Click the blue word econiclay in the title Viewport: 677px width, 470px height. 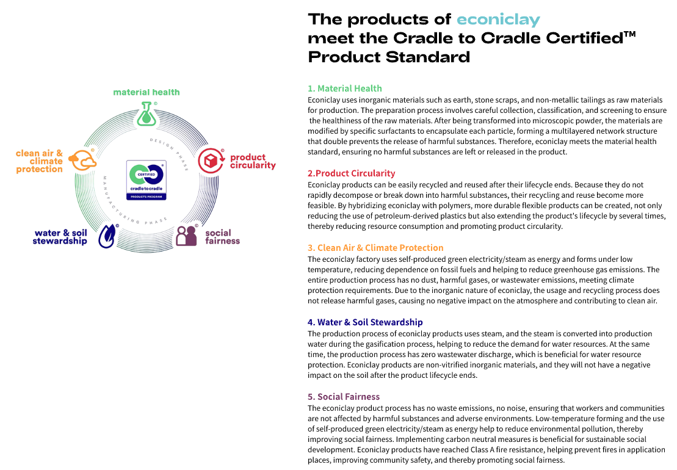pyautogui.click(x=498, y=20)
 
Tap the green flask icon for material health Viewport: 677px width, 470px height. pyautogui.click(x=147, y=114)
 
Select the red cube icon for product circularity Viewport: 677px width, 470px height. pyautogui.click(x=211, y=161)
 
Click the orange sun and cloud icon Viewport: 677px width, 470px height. pyautogui.click(x=82, y=160)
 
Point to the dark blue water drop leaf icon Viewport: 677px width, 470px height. pyautogui.click(x=107, y=236)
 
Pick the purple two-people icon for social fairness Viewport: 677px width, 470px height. pyautogui.click(x=187, y=236)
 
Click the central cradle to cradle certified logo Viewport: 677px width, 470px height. pyautogui.click(x=147, y=180)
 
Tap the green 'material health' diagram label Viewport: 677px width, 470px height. pyautogui.click(x=147, y=92)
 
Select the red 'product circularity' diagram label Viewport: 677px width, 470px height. pyautogui.click(x=253, y=161)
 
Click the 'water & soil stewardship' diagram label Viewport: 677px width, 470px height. pyautogui.click(x=60, y=237)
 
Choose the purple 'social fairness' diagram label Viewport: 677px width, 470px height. pyautogui.click(x=222, y=236)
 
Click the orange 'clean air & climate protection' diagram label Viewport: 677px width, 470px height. pyautogui.click(x=39, y=161)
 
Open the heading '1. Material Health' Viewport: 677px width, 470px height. pyautogui.click(x=344, y=89)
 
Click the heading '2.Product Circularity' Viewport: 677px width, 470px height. pyautogui.click(x=351, y=173)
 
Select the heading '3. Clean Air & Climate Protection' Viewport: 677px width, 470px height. pyautogui.click(x=375, y=248)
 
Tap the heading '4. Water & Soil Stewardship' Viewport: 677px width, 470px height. pyautogui.click(x=365, y=322)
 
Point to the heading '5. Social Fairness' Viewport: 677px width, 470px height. pyautogui.click(x=344, y=397)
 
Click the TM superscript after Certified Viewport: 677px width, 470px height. pyautogui.click(x=630, y=34)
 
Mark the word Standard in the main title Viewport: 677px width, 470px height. pyautogui.click(x=427, y=57)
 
